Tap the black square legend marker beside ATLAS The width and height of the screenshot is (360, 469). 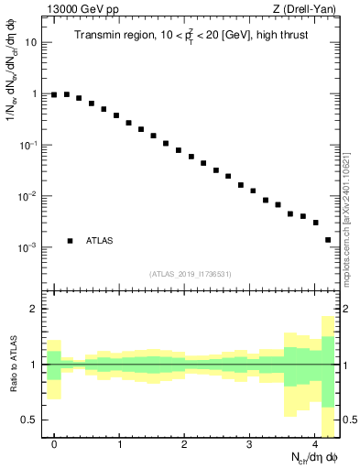tap(70, 241)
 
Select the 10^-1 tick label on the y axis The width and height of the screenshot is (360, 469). tap(28, 145)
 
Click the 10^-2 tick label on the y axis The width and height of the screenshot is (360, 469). tap(28, 196)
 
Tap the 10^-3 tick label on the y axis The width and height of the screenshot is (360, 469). tap(28, 247)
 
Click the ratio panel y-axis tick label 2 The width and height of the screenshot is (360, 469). tap(34, 309)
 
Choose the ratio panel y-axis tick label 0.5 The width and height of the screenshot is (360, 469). tap(30, 420)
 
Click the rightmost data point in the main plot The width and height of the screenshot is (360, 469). tap(328, 240)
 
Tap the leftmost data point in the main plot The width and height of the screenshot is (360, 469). tap(54, 94)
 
